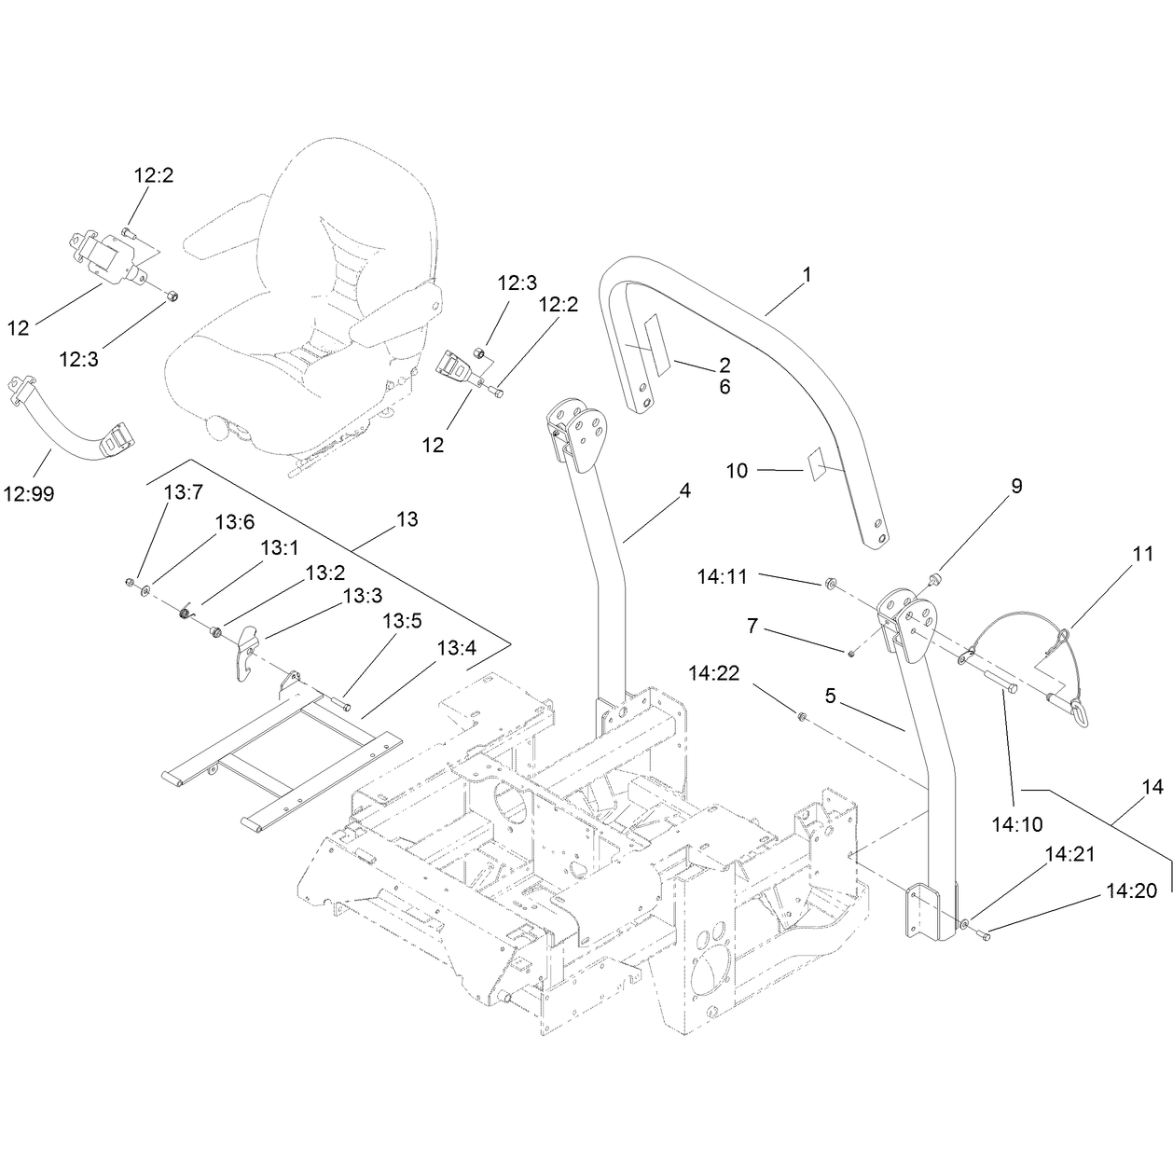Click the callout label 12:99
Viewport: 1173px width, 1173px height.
click(x=29, y=493)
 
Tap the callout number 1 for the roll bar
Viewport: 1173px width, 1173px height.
click(x=807, y=275)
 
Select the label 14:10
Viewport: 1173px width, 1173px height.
click(x=1017, y=825)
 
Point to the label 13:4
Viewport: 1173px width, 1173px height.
click(x=457, y=648)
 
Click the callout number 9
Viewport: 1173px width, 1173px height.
click(x=1016, y=486)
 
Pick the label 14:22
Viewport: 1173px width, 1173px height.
click(x=714, y=673)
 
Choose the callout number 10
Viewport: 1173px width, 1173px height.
click(x=738, y=471)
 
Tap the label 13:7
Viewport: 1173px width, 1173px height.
click(x=184, y=491)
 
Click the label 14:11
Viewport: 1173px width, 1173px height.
click(x=722, y=576)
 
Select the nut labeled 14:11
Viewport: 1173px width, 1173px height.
click(x=828, y=583)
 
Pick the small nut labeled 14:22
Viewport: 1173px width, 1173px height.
click(x=802, y=717)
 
